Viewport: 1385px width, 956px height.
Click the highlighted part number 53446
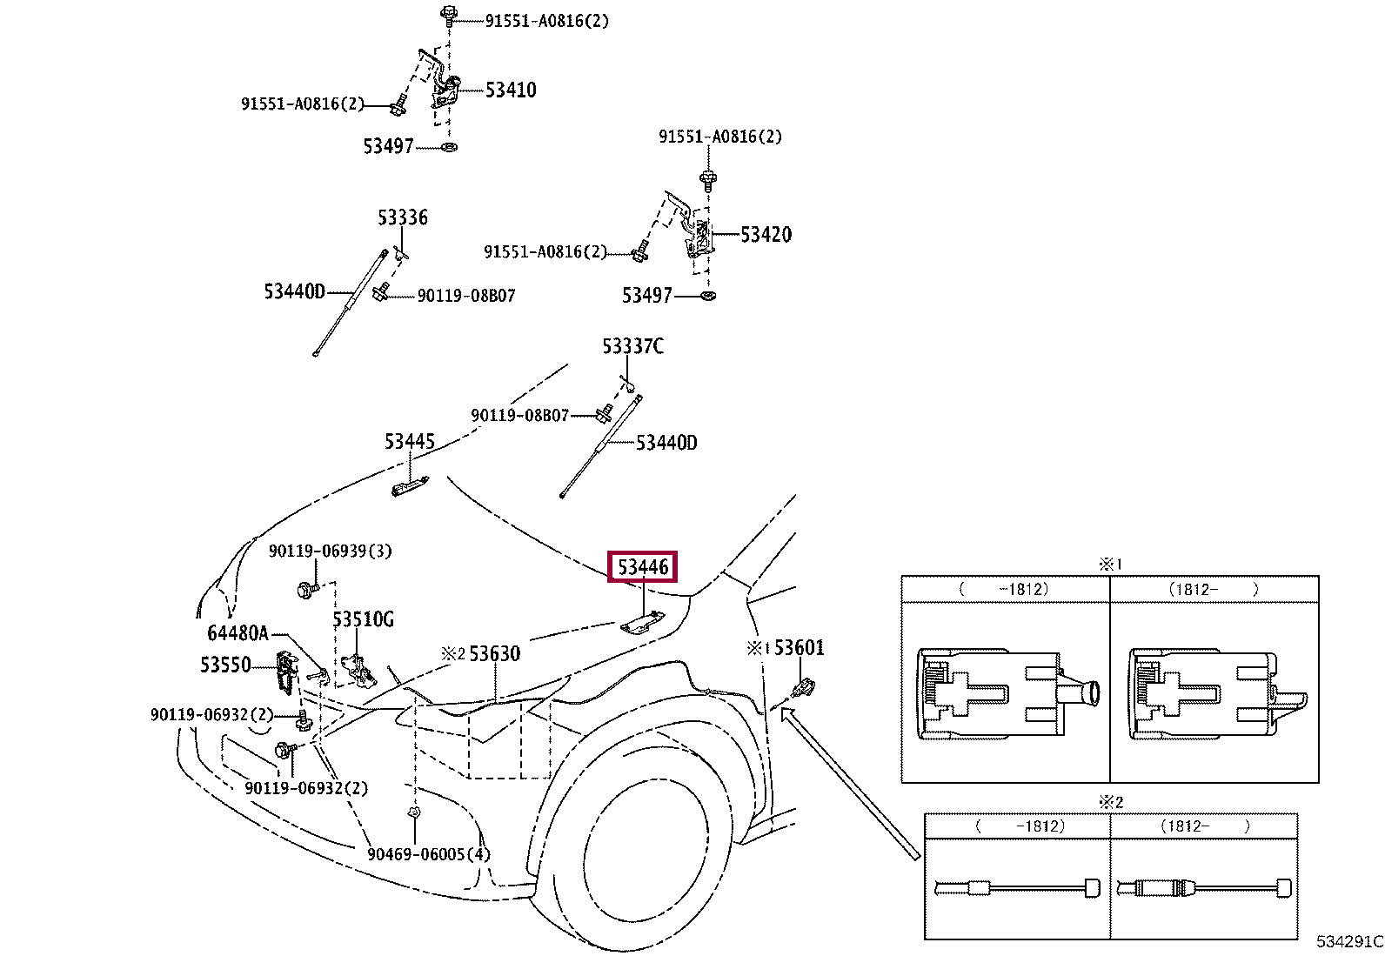point(642,567)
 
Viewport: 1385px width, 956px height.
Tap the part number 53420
point(766,234)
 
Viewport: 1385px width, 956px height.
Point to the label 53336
point(402,217)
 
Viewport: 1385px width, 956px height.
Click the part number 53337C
point(632,346)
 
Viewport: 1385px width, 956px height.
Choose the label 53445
point(409,442)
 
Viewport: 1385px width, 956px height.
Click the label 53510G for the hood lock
point(363,619)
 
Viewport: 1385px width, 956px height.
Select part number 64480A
point(238,633)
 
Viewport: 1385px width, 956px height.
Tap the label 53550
point(225,665)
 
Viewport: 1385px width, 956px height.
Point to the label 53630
point(494,653)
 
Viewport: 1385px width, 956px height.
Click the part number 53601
point(799,647)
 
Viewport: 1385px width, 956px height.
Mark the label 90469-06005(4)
point(428,854)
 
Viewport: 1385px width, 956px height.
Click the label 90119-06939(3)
point(330,551)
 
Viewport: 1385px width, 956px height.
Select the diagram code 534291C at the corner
point(1348,941)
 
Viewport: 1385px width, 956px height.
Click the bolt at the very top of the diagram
point(449,13)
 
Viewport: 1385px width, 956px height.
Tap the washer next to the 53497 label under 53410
point(449,147)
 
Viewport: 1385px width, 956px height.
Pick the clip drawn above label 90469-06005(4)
point(415,812)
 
